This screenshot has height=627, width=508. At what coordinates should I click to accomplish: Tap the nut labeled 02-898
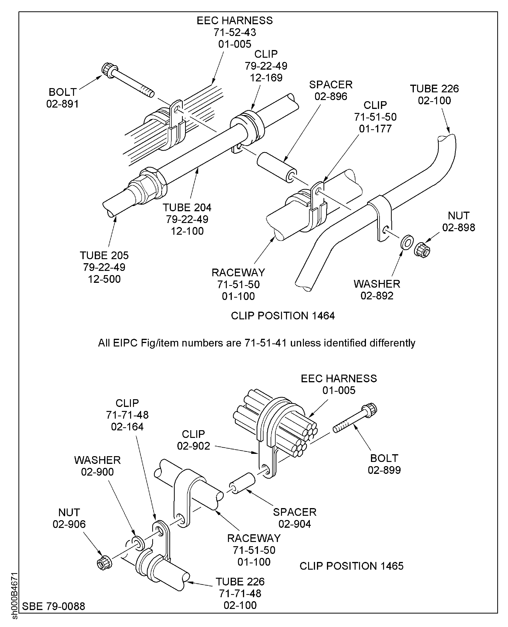coord(422,250)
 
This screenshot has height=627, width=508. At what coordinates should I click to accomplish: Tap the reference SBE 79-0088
coord(54,606)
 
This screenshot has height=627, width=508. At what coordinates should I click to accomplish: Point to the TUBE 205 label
coord(104,255)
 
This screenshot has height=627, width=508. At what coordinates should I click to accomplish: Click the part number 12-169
coord(266,78)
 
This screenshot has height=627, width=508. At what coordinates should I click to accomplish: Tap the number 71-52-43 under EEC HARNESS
coord(235,32)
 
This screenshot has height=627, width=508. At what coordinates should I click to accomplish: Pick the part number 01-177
coord(375,129)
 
